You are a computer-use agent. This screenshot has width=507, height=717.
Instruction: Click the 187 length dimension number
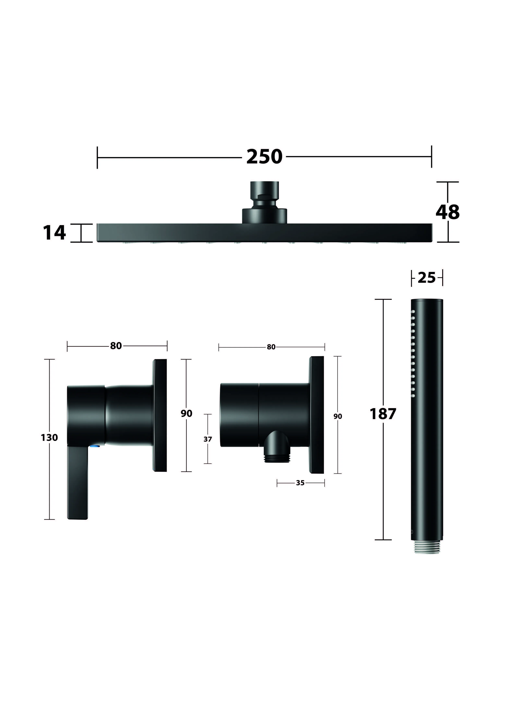[383, 414]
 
